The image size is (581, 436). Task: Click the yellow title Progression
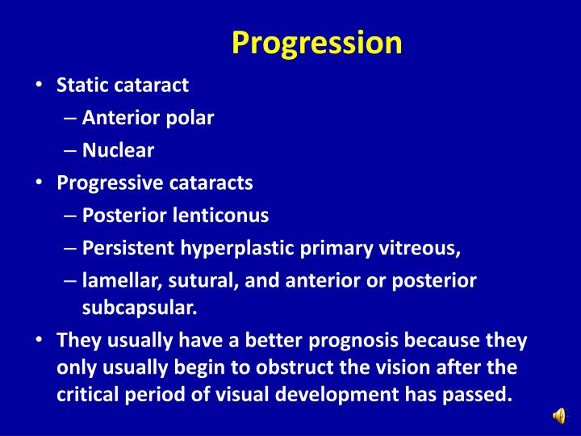(x=316, y=42)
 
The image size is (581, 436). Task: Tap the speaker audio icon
(x=559, y=416)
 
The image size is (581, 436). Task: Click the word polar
(x=190, y=118)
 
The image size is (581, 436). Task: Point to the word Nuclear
(x=118, y=150)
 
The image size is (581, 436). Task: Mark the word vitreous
(x=425, y=248)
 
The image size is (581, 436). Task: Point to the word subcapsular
(x=138, y=307)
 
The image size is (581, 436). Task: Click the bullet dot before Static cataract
(x=40, y=86)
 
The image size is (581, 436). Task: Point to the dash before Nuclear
(x=69, y=151)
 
